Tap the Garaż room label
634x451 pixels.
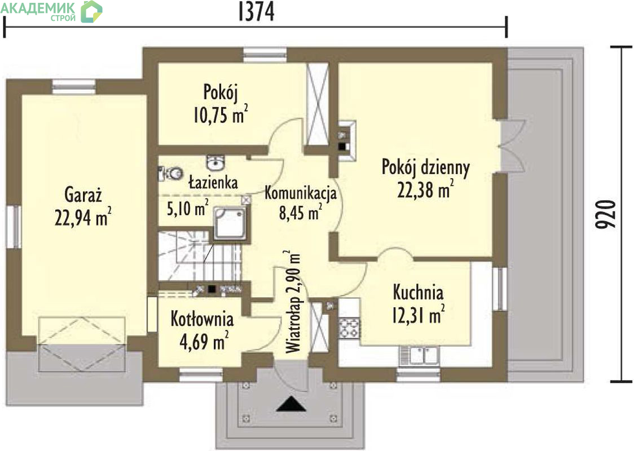(83, 195)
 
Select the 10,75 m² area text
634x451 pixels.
(221, 114)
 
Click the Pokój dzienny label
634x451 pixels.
(426, 167)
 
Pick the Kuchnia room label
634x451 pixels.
(418, 292)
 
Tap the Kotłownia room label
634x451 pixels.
(202, 319)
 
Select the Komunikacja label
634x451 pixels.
(301, 193)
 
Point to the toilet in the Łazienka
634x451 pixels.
(170, 174)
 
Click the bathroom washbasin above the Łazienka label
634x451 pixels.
(216, 162)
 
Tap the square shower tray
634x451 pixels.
(229, 223)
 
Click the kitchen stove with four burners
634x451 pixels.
(349, 328)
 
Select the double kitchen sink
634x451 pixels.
(419, 356)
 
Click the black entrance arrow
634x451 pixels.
(290, 404)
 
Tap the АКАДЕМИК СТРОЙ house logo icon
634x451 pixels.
(91, 12)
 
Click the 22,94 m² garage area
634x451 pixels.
(82, 217)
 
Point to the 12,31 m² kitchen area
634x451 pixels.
(418, 315)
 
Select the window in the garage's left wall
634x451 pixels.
(14, 227)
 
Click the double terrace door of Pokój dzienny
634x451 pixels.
(513, 146)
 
